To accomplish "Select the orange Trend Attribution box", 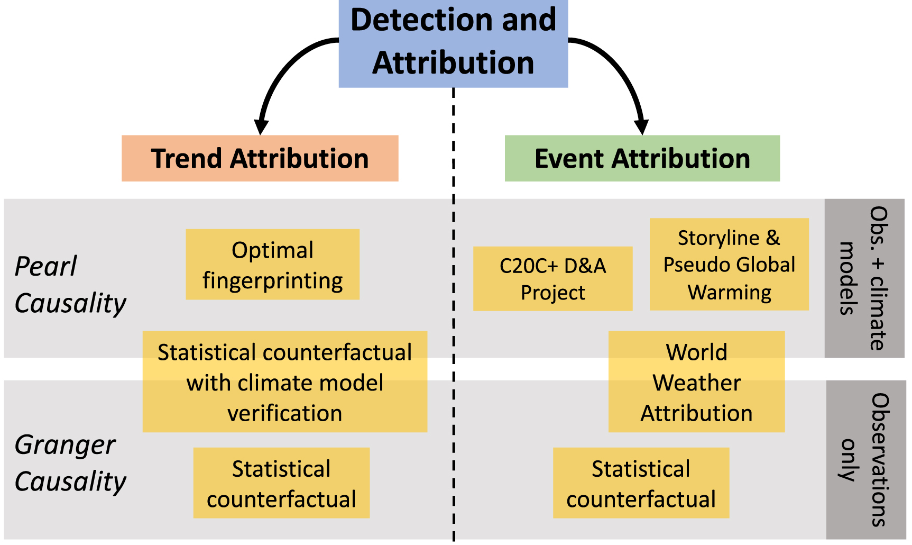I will (260, 158).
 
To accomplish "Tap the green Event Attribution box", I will (642, 158).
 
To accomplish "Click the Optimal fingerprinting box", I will (272, 265).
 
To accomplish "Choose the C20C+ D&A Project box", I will (552, 278).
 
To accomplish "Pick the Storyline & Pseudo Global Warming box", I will (729, 264).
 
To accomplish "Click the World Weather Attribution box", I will (696, 381).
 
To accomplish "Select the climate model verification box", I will (284, 381).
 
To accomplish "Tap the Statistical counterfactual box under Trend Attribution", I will (281, 483).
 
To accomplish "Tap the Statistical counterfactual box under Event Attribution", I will (641, 483).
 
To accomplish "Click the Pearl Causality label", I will (70, 284).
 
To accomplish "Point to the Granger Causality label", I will (70, 462).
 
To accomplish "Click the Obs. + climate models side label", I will (864, 278).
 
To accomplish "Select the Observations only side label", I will (865, 459).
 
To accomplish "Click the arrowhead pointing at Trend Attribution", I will (261, 127).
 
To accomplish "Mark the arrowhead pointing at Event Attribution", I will (641, 127).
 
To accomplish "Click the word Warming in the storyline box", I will (729, 292).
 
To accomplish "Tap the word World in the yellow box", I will (696, 352).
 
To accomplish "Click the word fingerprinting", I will (272, 280).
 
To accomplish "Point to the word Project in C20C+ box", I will (552, 293).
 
